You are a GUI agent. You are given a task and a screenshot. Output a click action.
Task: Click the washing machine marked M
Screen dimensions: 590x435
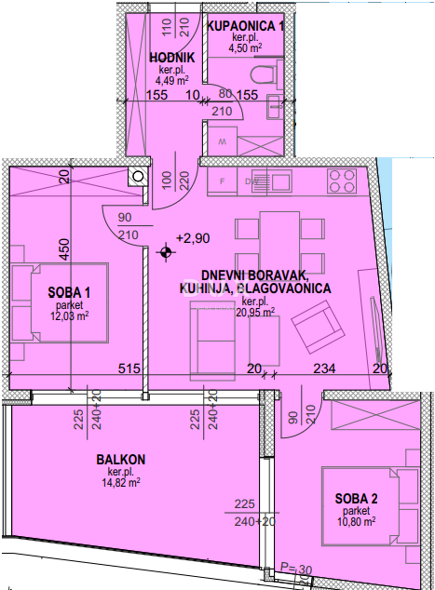pos(221,142)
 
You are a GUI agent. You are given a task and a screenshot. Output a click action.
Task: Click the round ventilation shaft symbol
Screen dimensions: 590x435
pos(138,175)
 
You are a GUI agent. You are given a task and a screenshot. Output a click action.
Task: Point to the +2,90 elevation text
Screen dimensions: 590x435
pos(193,238)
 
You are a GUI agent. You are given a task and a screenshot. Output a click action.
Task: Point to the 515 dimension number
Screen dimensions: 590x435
pos(129,369)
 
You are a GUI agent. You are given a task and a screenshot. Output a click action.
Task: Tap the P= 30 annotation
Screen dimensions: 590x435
pos(295,570)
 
